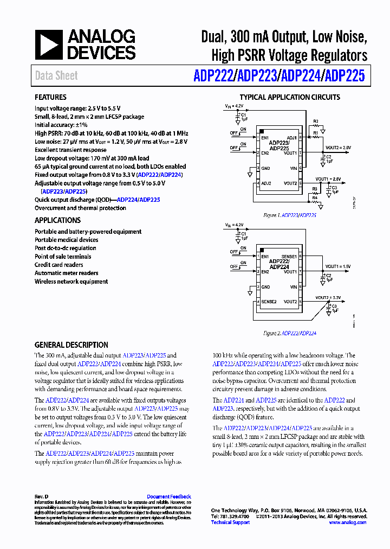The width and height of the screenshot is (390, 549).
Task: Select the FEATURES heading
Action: tap(50, 97)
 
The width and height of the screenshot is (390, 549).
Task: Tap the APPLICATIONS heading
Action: tap(57, 220)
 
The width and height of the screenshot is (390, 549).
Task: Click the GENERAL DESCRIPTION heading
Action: tap(71, 344)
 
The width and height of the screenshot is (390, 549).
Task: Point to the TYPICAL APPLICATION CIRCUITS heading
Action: tap(290, 97)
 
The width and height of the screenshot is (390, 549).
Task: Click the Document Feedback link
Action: tap(169, 496)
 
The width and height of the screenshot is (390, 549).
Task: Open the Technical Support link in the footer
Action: tap(230, 522)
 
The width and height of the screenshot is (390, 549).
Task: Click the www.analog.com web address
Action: tap(347, 522)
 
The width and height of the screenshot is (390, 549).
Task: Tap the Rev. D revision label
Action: tap(42, 496)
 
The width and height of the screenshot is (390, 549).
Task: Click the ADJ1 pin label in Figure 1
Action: tap(291, 138)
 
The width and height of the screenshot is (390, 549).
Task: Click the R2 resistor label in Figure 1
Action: tap(316, 121)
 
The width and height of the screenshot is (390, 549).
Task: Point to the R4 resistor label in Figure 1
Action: tap(315, 198)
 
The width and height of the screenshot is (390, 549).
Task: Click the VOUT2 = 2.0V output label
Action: tap(338, 148)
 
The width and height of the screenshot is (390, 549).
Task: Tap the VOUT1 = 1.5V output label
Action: tap(338, 266)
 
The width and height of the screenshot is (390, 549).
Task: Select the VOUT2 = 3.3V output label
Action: tap(328, 298)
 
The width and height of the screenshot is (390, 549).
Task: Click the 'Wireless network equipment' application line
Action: tap(71, 282)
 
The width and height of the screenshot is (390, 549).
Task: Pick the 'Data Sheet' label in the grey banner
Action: tap(56, 75)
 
